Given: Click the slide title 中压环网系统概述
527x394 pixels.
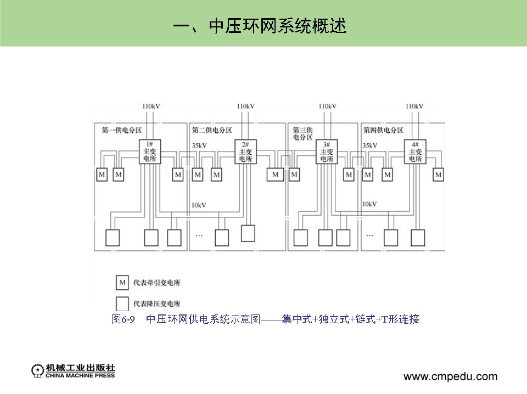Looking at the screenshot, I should point(260,26).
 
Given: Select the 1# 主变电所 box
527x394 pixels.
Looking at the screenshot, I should point(150,152).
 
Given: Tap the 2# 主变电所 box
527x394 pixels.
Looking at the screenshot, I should point(245,152).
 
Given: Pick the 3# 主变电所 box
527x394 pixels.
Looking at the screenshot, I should point(326,152).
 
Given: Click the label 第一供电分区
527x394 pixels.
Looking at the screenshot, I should point(121,131).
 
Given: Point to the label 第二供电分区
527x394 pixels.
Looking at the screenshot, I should point(212,131).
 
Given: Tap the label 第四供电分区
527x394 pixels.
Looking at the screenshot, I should point(383,131).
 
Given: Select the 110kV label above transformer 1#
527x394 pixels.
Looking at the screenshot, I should point(151,106).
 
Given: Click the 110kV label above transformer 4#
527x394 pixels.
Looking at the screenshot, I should point(414,106).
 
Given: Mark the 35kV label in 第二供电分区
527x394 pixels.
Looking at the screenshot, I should point(199,146).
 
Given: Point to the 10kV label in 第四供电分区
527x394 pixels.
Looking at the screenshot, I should point(369,204).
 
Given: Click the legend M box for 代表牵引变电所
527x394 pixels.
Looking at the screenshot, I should point(122,283).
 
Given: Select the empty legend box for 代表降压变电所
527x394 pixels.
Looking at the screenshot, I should point(122,303).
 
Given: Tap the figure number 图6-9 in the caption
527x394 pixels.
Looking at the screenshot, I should point(123,319).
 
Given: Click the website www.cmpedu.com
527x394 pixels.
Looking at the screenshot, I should point(450,376).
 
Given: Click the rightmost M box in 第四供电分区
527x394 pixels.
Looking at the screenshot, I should point(438,175).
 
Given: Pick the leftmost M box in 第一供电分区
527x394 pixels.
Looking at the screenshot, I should point(102,175).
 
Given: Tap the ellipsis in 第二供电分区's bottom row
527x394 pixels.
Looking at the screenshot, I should point(199,235).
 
